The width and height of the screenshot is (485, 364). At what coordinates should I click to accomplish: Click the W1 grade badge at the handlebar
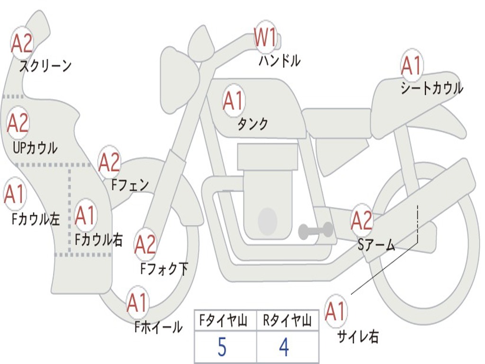265,38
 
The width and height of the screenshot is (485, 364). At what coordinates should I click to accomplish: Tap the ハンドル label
279,61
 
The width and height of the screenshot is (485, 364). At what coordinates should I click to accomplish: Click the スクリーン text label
45,66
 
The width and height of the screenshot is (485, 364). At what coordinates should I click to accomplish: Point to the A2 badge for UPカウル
18,123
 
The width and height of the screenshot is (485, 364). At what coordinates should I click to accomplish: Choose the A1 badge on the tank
233,100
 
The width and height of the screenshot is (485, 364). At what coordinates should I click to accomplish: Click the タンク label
252,124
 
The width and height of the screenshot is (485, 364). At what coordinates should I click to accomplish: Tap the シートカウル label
431,89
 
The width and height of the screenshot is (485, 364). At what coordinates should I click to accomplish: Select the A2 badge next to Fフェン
109,163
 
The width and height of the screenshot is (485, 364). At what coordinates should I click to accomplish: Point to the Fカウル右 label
99,239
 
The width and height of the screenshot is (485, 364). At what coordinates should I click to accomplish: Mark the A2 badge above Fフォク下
145,245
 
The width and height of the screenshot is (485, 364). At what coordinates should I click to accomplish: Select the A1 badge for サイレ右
335,311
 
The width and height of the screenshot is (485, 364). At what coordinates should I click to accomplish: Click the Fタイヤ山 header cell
225,322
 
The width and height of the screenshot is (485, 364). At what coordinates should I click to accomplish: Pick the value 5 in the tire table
222,347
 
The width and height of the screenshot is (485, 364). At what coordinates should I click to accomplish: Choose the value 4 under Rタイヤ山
284,347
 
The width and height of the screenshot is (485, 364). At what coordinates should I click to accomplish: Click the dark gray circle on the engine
268,220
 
